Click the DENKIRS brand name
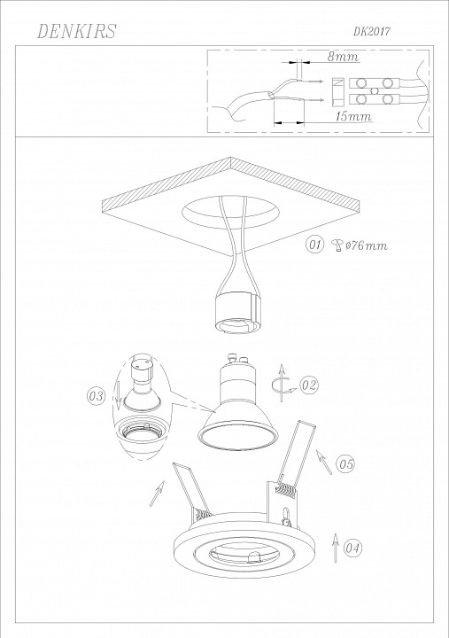[x=77, y=31]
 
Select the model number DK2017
[x=372, y=32]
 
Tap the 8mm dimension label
[x=344, y=57]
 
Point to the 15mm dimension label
[x=353, y=116]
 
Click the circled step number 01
[x=314, y=245]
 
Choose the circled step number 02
[x=309, y=385]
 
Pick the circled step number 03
[x=96, y=396]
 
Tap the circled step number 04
[x=352, y=549]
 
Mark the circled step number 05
[x=345, y=463]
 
